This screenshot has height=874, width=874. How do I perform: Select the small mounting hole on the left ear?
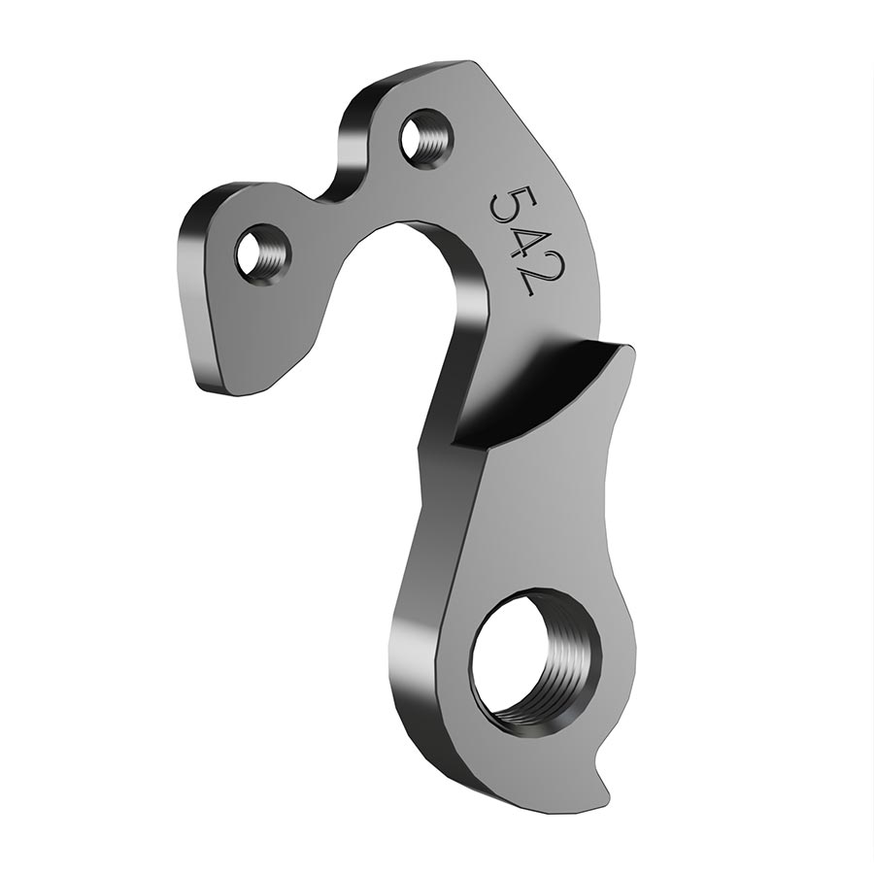[262, 252]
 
